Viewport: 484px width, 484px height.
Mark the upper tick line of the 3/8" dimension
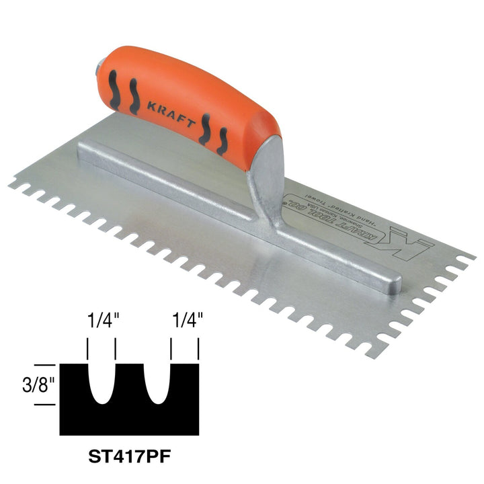[x=46, y=364]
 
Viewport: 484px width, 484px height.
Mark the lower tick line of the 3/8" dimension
[x=46, y=404]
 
